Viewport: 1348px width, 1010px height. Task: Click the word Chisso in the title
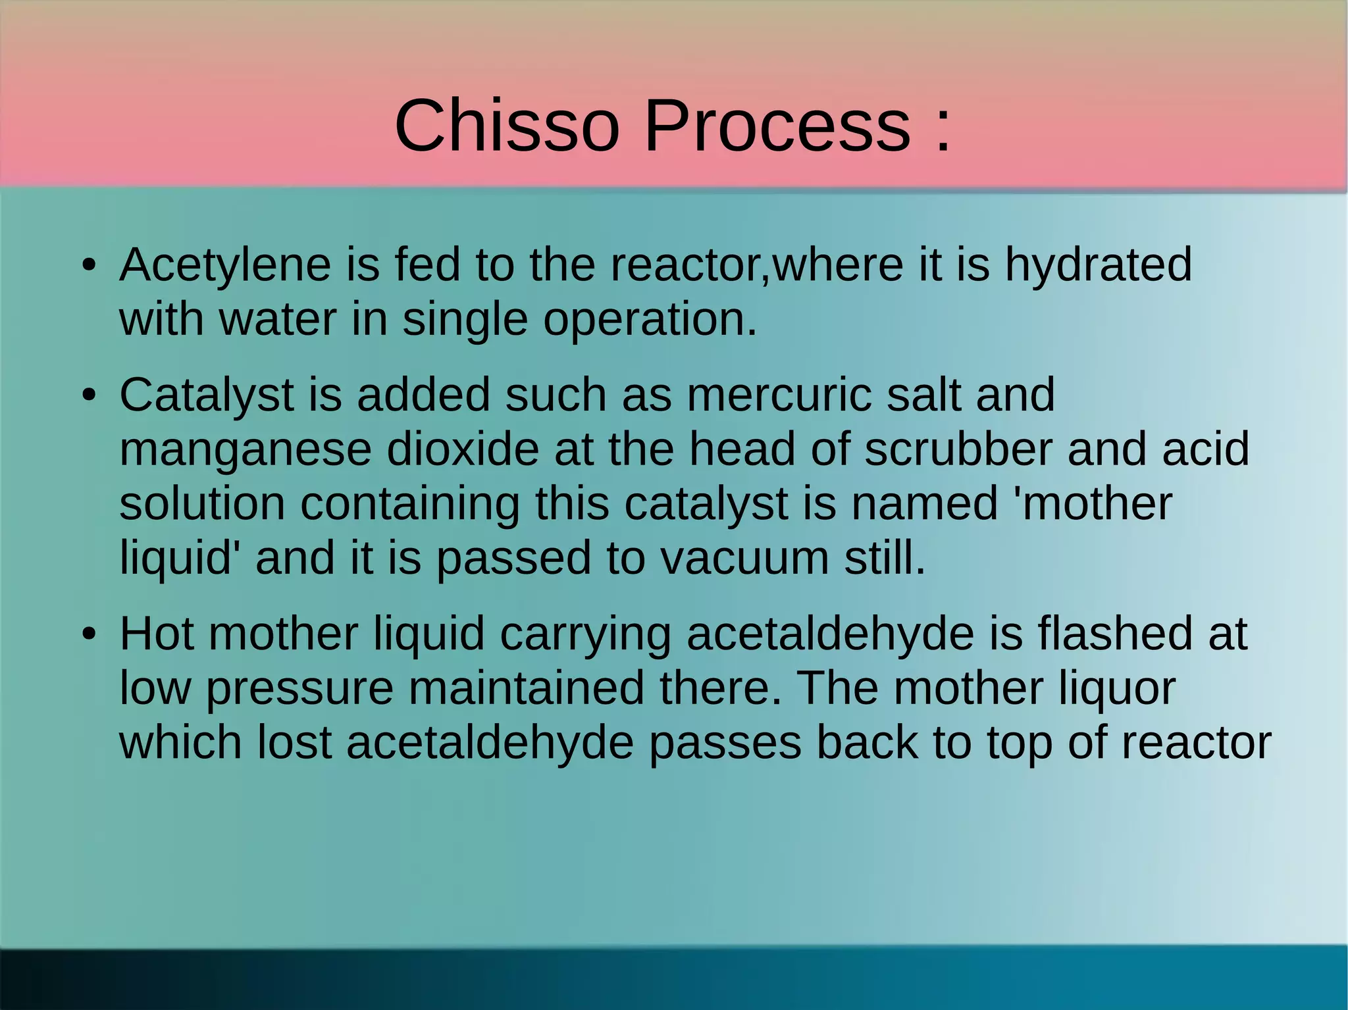point(507,125)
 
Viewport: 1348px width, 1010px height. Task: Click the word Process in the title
point(777,125)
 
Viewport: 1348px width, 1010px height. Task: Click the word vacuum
point(744,559)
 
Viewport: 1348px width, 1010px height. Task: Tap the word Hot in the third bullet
point(157,634)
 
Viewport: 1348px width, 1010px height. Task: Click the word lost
point(294,742)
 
